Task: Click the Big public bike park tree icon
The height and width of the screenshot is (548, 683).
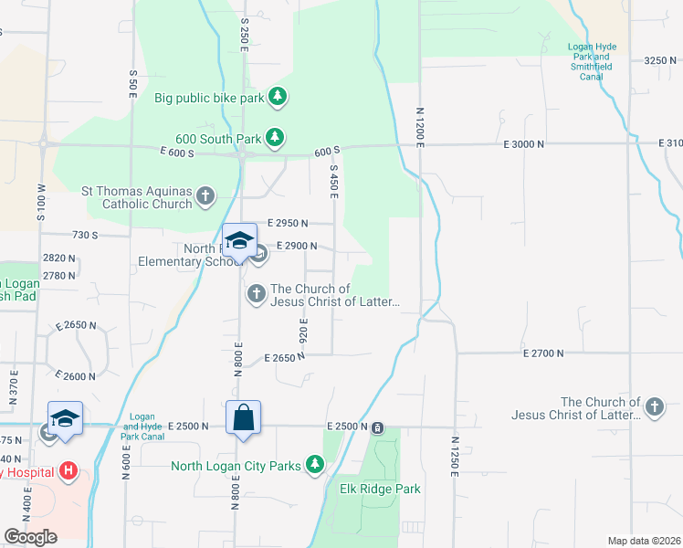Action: (x=278, y=97)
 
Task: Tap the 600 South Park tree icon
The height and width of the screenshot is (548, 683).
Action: (x=274, y=138)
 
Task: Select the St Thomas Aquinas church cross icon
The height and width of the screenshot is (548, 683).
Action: (x=206, y=195)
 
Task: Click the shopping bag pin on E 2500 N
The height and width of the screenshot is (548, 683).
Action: (x=244, y=418)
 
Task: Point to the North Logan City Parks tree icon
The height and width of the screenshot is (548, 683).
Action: (x=315, y=466)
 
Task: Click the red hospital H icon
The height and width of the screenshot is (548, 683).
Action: (x=68, y=472)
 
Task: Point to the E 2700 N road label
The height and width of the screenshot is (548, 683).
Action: (x=545, y=353)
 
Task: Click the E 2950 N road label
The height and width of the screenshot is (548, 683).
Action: (x=288, y=223)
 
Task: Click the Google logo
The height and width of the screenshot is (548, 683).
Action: (x=30, y=537)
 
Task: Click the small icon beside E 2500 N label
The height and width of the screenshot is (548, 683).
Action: (x=376, y=427)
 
